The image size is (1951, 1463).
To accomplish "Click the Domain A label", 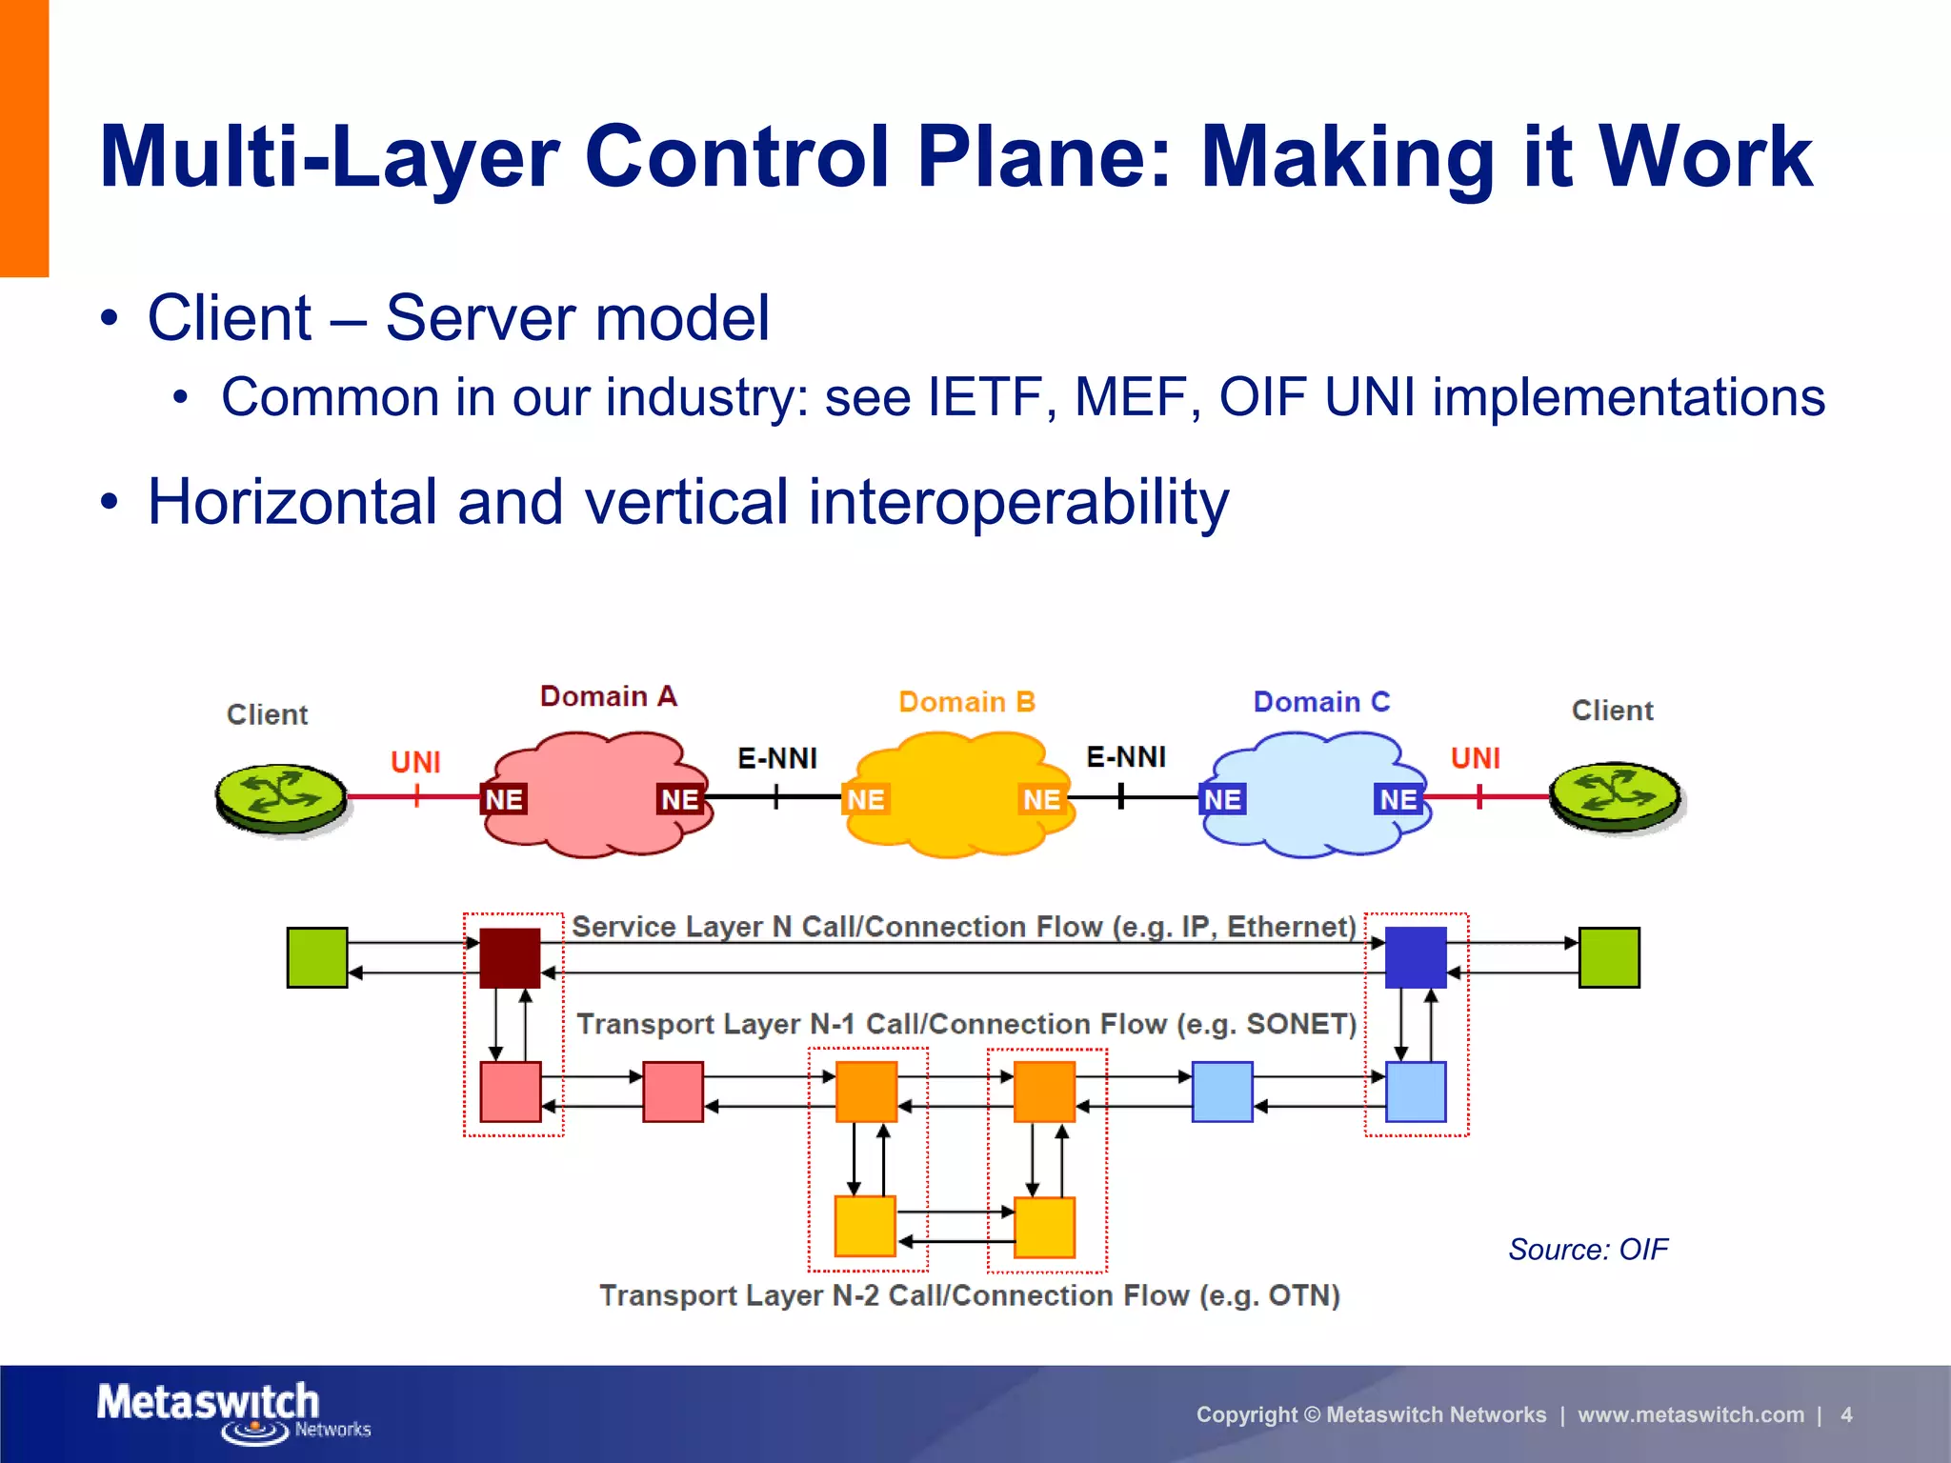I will (608, 696).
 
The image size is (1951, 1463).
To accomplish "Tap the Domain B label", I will (966, 702).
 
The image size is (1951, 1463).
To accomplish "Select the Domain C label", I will (1321, 702).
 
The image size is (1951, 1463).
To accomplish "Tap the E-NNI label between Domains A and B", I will (777, 758).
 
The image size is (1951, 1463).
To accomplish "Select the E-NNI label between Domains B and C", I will (1126, 757).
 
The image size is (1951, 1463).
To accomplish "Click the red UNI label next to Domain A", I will (415, 762).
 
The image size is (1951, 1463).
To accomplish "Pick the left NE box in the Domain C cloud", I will (1222, 799).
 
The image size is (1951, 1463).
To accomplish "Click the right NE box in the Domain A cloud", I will (680, 799).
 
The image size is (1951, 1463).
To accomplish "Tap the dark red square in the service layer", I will (510, 957).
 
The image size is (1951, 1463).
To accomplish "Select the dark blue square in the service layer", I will (1416, 957).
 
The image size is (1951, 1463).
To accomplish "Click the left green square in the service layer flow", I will (317, 957).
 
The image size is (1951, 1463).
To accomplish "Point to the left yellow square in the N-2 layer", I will (865, 1227).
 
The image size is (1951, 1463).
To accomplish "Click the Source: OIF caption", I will (1588, 1249).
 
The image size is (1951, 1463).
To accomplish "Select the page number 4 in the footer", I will (1846, 1414).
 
